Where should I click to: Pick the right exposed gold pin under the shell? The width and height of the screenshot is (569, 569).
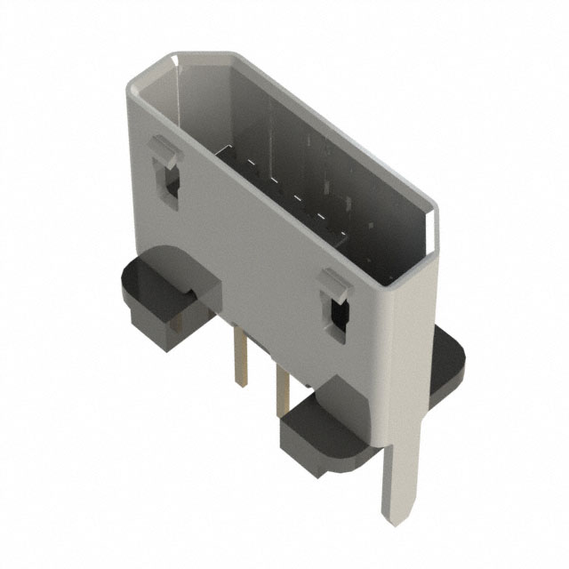(x=283, y=387)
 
